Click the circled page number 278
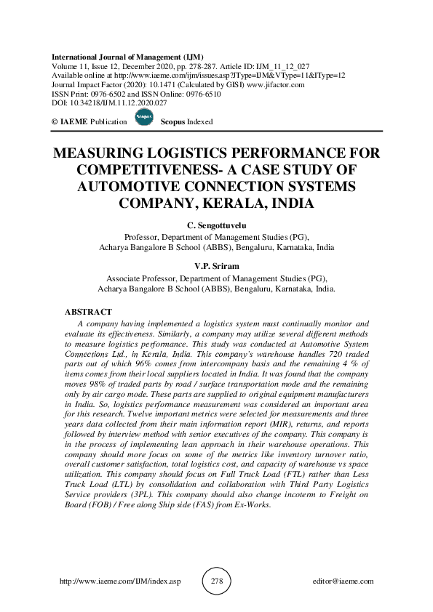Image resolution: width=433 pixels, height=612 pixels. pos(216,581)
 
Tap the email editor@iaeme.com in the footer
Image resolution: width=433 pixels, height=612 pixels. pos(341,581)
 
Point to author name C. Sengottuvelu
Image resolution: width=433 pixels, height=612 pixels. pos(216,226)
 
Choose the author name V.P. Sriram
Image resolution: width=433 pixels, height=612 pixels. pos(216,267)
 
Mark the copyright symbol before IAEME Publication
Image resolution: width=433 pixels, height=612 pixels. pos(56,122)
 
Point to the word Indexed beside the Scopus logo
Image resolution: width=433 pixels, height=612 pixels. pos(199,122)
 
